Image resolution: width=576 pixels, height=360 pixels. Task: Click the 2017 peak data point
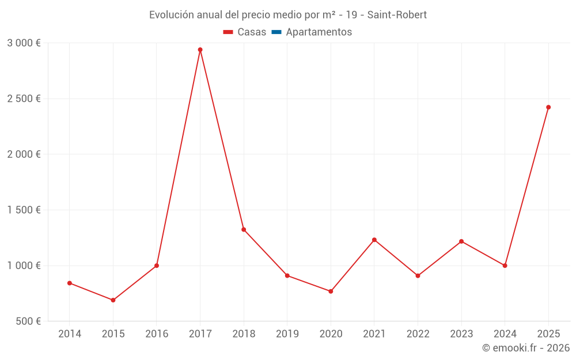click(200, 50)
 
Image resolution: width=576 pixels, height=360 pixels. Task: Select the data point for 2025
click(548, 107)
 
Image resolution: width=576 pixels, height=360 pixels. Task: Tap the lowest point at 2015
click(113, 300)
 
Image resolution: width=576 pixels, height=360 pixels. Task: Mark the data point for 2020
click(331, 291)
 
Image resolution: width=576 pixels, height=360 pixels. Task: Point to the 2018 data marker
click(244, 230)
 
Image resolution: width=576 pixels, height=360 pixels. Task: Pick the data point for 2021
click(374, 240)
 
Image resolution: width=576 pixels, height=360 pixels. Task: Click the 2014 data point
click(70, 283)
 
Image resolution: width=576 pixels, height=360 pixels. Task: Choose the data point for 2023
click(461, 241)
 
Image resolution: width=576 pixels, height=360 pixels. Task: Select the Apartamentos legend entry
click(319, 32)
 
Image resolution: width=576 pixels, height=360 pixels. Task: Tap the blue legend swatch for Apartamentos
click(276, 32)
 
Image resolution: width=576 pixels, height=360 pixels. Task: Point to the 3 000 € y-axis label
click(24, 43)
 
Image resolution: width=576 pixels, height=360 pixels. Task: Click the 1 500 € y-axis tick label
click(24, 210)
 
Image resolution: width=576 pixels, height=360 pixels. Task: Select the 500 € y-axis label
click(28, 321)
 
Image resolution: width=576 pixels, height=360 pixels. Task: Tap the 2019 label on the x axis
click(287, 334)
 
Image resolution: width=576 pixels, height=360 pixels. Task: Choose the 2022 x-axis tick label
click(418, 334)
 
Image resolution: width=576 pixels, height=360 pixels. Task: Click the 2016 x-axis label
click(157, 334)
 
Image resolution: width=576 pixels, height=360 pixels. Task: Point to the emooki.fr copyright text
click(525, 348)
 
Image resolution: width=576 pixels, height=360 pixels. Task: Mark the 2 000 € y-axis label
click(24, 154)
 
